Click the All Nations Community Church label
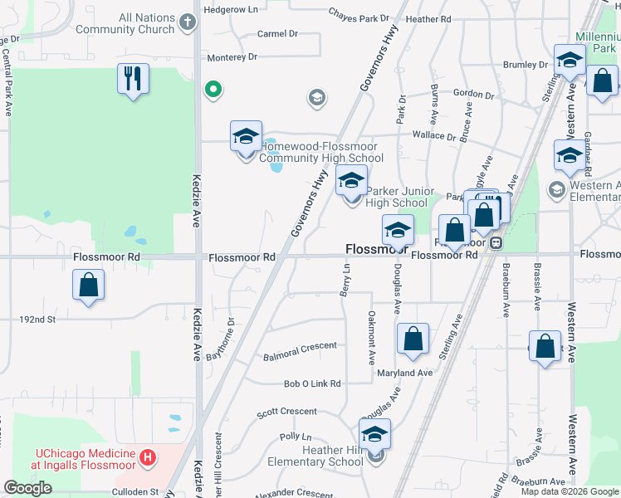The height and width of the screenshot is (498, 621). click(x=125, y=23)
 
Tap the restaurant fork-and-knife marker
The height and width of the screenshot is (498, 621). click(x=133, y=79)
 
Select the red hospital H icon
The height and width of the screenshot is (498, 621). click(x=148, y=456)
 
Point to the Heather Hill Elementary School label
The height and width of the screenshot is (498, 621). click(x=315, y=456)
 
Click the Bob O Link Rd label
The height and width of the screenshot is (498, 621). click(x=312, y=383)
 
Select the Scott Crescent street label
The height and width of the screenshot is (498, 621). click(x=286, y=412)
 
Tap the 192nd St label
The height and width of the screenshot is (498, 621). click(x=39, y=318)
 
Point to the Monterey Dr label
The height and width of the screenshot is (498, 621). click(x=232, y=57)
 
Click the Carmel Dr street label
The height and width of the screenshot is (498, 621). click(x=277, y=34)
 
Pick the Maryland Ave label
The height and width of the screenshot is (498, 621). click(x=404, y=373)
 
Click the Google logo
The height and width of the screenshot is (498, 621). click(x=27, y=488)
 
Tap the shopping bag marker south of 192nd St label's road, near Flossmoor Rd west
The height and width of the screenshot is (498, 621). click(x=89, y=287)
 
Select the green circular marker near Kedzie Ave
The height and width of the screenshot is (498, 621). click(x=213, y=88)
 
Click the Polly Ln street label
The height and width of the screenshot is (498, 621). click(x=295, y=437)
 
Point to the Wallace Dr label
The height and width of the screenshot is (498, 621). click(x=433, y=135)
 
